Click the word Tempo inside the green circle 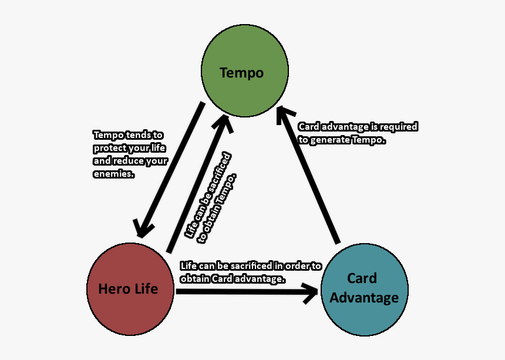(x=241, y=73)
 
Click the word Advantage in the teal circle (x=364, y=298)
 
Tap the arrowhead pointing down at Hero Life (x=143, y=226)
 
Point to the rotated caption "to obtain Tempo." (x=220, y=207)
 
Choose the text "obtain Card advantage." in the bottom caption (x=233, y=278)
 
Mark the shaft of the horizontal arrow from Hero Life (x=235, y=292)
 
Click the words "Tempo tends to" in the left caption (x=129, y=135)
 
